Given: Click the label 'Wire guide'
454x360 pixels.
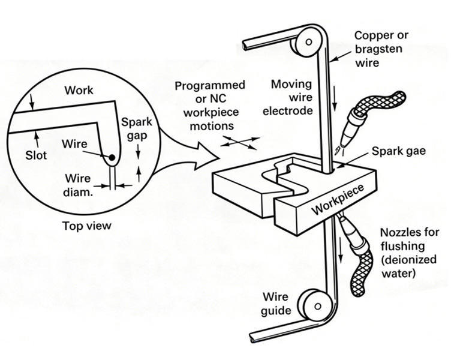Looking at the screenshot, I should pyautogui.click(x=276, y=304).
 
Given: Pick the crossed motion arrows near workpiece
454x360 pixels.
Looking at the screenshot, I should pyautogui.click(x=239, y=143).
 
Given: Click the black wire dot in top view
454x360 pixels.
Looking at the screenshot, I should pyautogui.click(x=112, y=158).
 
